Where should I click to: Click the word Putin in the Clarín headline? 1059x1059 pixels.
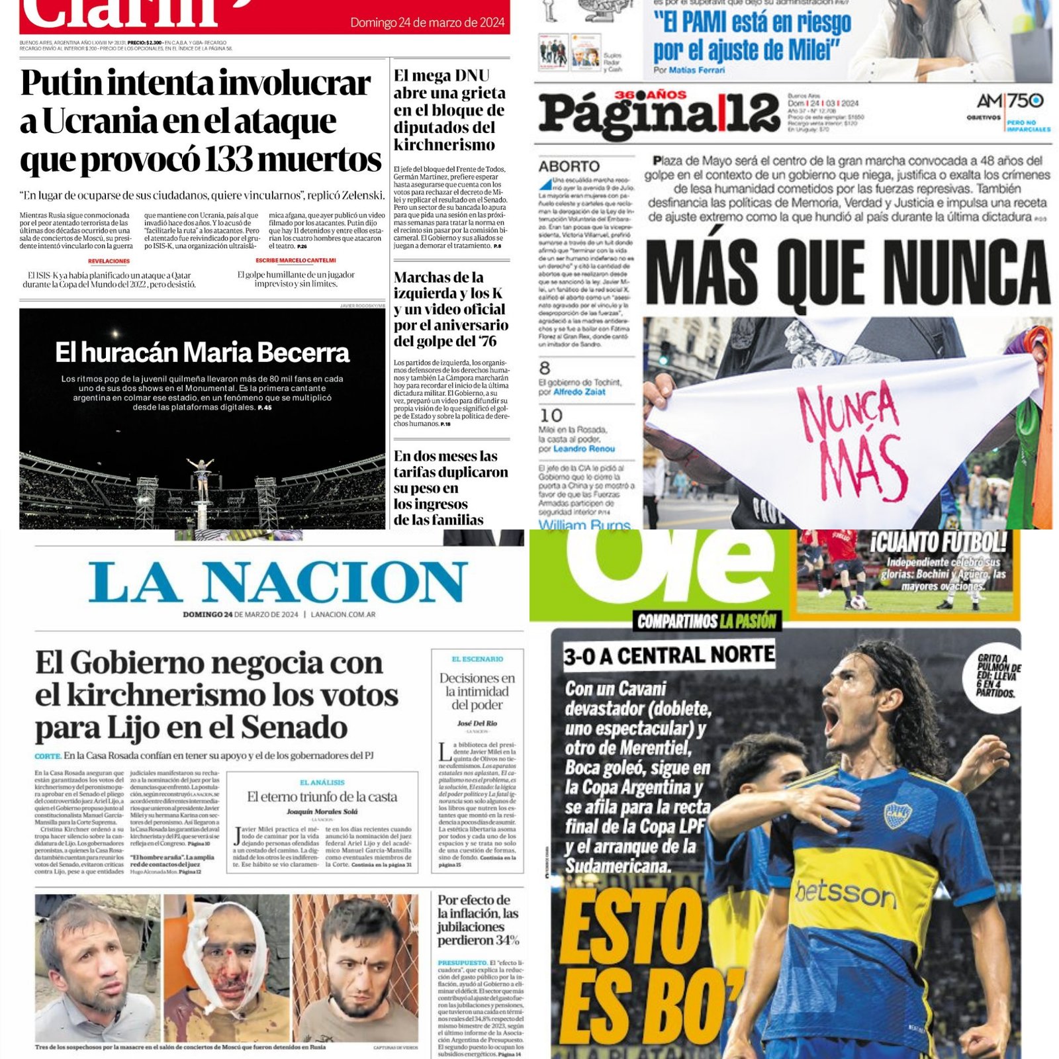pyautogui.click(x=61, y=84)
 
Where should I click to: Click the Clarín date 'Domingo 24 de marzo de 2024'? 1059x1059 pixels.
pyautogui.click(x=428, y=23)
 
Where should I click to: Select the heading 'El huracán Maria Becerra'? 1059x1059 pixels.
pyautogui.click(x=202, y=353)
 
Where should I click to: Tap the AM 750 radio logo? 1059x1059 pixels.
pyautogui.click(x=1010, y=101)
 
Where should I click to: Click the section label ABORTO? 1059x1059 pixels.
pyautogui.click(x=569, y=166)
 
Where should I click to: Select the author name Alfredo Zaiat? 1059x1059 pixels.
pyautogui.click(x=579, y=392)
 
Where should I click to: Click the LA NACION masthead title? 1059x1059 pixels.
pyautogui.click(x=278, y=582)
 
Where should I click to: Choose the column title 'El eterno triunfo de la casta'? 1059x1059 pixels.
pyautogui.click(x=322, y=797)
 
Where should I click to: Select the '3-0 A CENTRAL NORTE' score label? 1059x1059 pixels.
pyautogui.click(x=668, y=655)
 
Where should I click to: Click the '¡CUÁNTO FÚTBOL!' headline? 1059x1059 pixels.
pyautogui.click(x=939, y=543)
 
